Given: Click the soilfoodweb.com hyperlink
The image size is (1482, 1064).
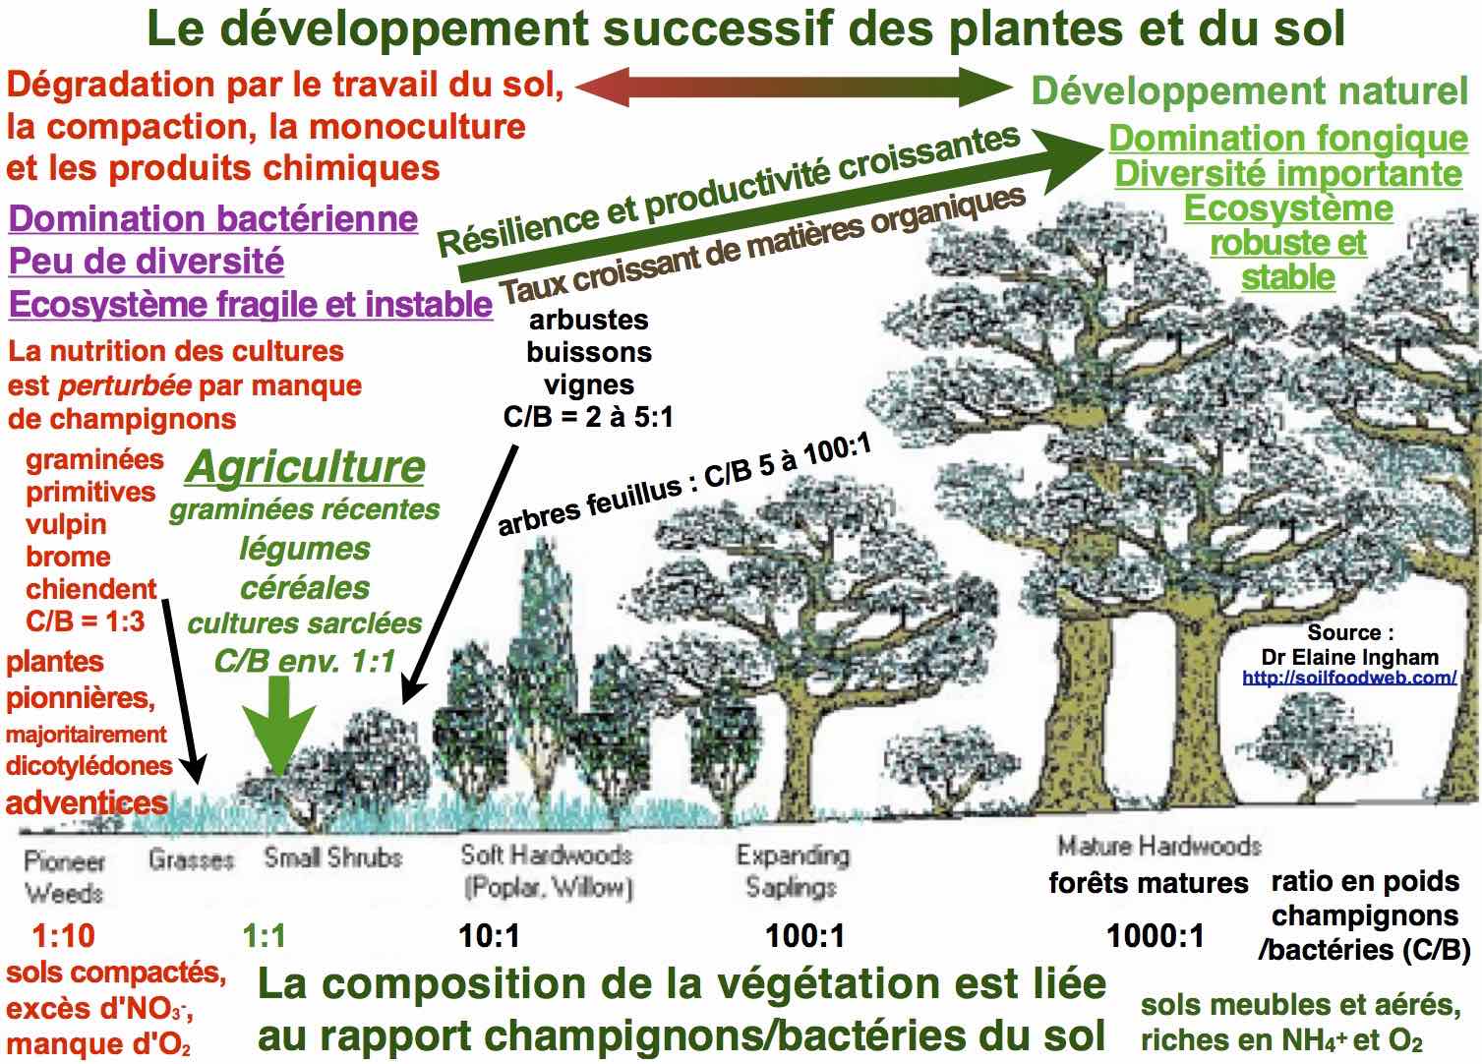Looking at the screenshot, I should click(1348, 678).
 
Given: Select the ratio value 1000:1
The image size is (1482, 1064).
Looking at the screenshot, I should click(1156, 935).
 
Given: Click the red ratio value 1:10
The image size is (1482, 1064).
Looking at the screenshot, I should click(64, 935).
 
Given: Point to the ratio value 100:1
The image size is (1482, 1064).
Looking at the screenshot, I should click(805, 935).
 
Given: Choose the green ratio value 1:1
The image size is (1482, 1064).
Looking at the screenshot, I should click(265, 935).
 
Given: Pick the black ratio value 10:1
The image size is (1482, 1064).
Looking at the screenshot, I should click(490, 935).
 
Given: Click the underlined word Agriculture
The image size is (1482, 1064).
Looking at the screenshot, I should click(305, 467).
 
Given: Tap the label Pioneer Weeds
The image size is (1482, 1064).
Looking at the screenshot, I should click(64, 876).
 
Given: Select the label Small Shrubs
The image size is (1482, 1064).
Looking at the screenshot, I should click(332, 857).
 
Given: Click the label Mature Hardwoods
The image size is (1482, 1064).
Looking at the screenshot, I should click(1158, 846).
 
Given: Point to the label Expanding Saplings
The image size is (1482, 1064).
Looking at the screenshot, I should click(792, 870).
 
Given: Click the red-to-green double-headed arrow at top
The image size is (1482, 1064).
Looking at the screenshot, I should click(794, 88).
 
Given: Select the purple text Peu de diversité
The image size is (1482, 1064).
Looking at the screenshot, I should click(147, 262).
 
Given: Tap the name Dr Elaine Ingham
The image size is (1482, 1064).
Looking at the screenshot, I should click(1349, 657).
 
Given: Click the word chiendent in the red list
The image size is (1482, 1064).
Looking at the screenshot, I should click(91, 589).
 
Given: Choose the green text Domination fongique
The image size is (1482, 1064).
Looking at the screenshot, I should click(1288, 139).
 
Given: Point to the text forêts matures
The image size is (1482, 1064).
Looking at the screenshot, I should click(1148, 883).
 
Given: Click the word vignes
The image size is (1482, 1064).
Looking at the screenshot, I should click(588, 384).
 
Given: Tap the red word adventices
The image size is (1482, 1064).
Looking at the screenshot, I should click(87, 802).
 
